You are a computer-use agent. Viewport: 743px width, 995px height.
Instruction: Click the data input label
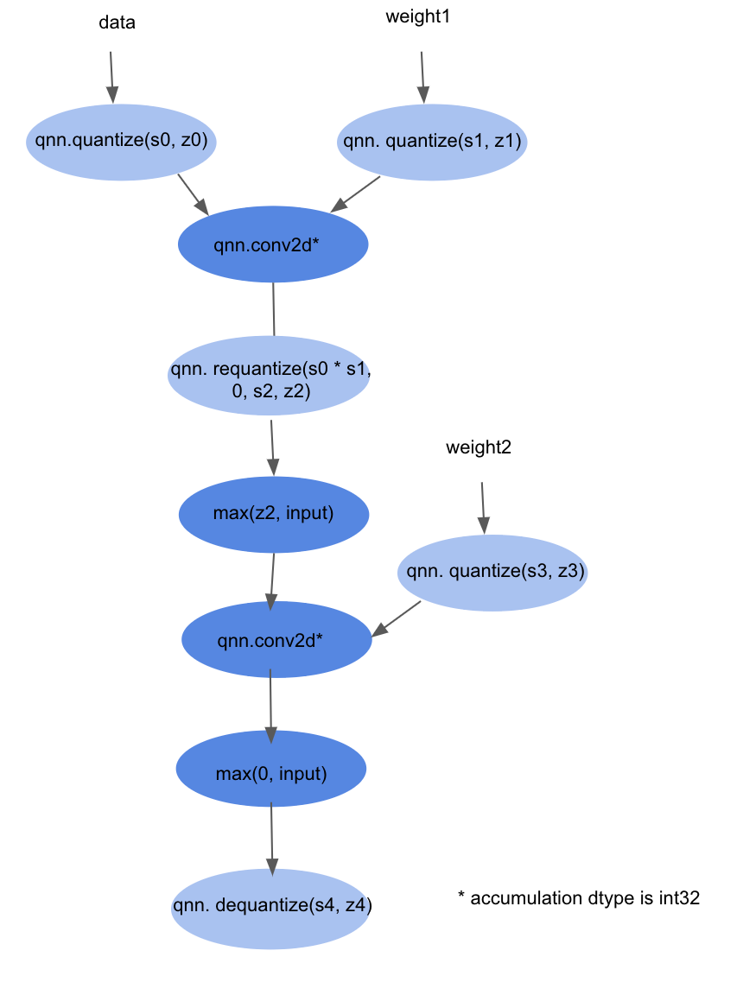[x=117, y=23]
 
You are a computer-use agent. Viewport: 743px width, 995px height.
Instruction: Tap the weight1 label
[x=417, y=17]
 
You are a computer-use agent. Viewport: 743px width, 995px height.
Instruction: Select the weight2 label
[x=479, y=447]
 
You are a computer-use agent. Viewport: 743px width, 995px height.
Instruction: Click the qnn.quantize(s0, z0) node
[x=121, y=142]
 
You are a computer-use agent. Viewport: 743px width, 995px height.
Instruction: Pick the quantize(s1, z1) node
[x=432, y=142]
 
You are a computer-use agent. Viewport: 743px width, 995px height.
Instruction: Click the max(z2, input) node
[x=274, y=514]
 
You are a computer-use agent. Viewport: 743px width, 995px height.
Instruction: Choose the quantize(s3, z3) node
[x=492, y=572]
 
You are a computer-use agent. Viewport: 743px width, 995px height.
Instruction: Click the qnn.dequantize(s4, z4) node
[x=271, y=908]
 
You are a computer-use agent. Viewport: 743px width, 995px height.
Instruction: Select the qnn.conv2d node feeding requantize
[x=273, y=245]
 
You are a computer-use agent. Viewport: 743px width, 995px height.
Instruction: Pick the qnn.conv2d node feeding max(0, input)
[x=276, y=640]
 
